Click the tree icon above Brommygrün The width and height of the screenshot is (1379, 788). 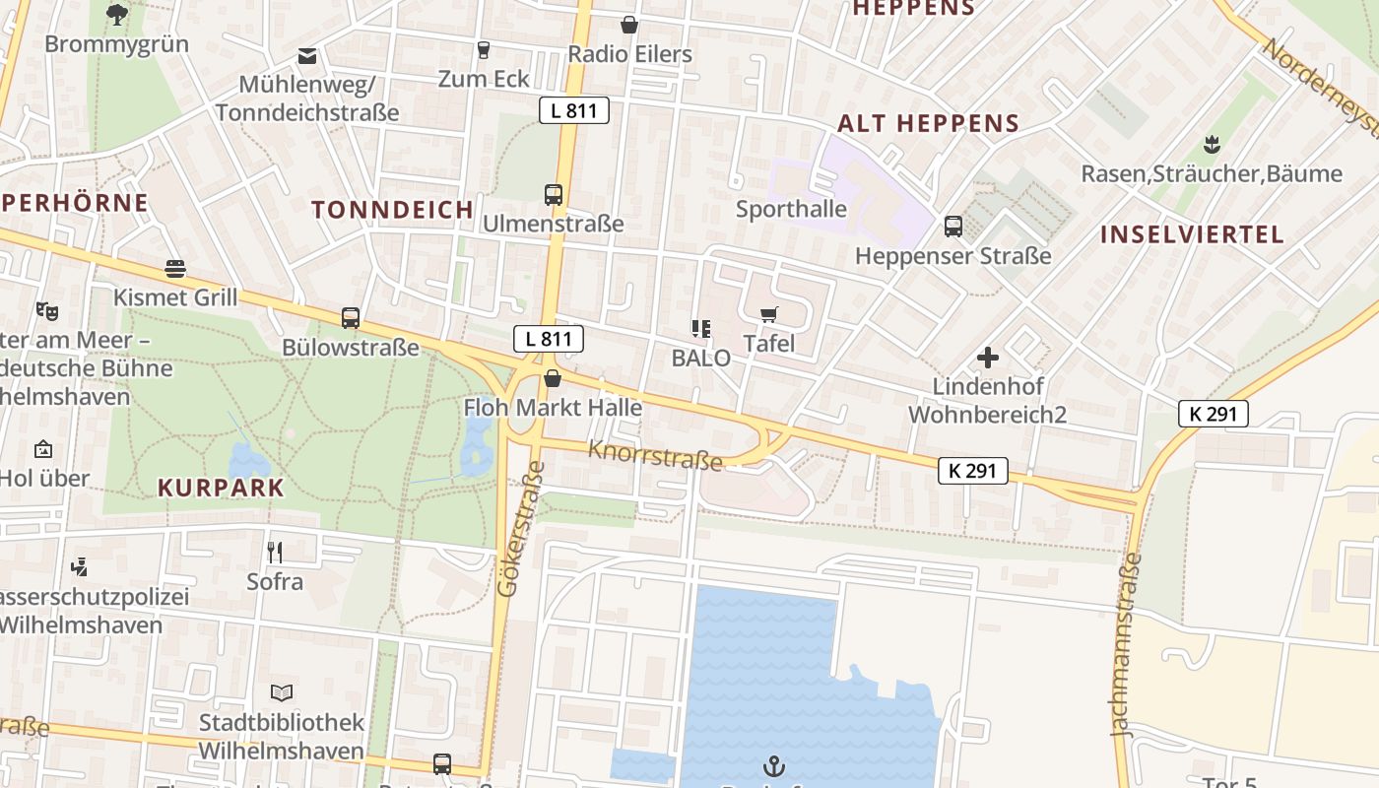(x=116, y=15)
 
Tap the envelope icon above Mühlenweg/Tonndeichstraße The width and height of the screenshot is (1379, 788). (x=307, y=56)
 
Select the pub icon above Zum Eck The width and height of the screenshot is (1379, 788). (x=483, y=50)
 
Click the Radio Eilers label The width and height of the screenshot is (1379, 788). (x=629, y=54)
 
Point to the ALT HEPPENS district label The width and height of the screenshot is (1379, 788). (x=927, y=124)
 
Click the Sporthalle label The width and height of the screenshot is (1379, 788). (x=791, y=209)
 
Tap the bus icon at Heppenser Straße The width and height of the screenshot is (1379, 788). (x=952, y=227)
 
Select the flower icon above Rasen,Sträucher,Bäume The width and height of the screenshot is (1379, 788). (x=1211, y=146)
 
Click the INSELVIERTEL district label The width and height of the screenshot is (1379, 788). (x=1192, y=234)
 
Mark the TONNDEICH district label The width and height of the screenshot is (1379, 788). (x=393, y=210)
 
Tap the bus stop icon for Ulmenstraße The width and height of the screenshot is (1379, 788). (x=553, y=195)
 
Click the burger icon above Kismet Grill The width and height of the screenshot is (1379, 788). (x=175, y=269)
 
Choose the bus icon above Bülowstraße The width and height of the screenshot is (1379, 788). (x=351, y=318)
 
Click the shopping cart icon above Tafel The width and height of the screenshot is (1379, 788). (x=768, y=315)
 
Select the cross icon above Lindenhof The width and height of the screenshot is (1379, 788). (x=987, y=358)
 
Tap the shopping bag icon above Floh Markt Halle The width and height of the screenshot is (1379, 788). (x=553, y=378)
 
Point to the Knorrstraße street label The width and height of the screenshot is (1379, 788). (x=655, y=455)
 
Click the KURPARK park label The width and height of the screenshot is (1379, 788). (x=221, y=488)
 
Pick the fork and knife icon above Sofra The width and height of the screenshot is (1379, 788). (x=275, y=553)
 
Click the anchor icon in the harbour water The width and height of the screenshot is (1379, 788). (x=774, y=765)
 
